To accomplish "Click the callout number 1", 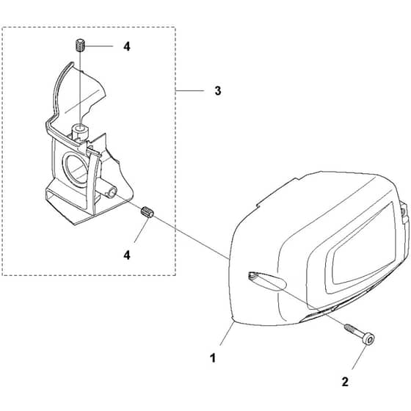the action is [x=213, y=358].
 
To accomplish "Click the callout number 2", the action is [x=345, y=382].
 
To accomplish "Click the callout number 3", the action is [x=218, y=91].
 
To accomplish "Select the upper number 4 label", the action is [x=127, y=47].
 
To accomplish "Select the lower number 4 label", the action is [x=127, y=255].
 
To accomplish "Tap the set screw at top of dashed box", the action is [x=80, y=46].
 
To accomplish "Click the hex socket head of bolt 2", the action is [x=368, y=340].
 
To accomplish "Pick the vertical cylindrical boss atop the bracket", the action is [x=80, y=132].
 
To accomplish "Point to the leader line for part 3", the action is [x=190, y=91].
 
